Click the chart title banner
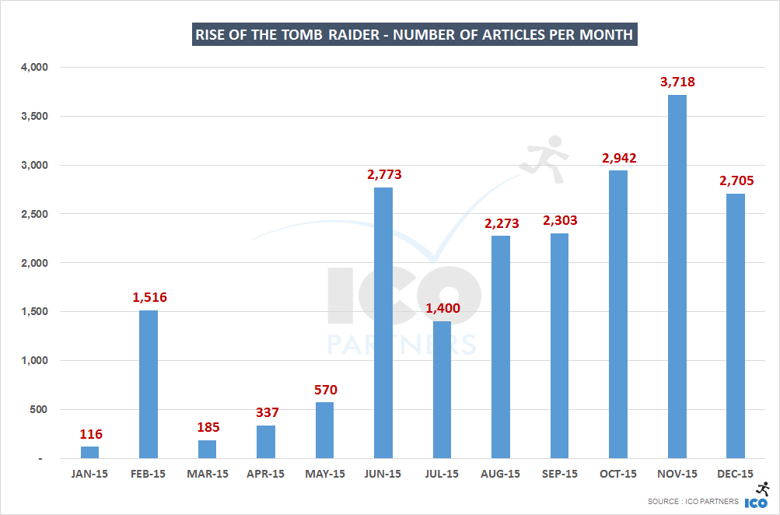pyautogui.click(x=414, y=35)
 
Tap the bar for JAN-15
pyautogui.click(x=89, y=452)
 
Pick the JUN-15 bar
pyautogui.click(x=383, y=322)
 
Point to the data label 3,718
pyautogui.click(x=677, y=82)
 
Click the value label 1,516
pyautogui.click(x=149, y=297)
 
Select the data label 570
pyautogui.click(x=324, y=390)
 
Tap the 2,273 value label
pyautogui.click(x=500, y=223)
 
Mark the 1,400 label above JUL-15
pyautogui.click(x=442, y=308)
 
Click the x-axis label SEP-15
pyautogui.click(x=559, y=474)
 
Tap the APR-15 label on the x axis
pyautogui.click(x=266, y=474)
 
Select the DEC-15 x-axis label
pyautogui.click(x=735, y=474)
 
